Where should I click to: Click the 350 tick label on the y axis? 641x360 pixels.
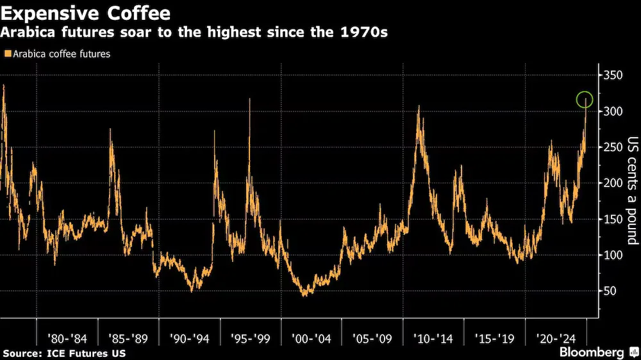(x=613, y=75)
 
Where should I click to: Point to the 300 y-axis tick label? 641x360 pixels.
(x=613, y=111)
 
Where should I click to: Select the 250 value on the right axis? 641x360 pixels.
(x=613, y=147)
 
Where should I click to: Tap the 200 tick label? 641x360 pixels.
(x=613, y=183)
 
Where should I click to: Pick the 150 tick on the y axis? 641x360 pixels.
(x=613, y=219)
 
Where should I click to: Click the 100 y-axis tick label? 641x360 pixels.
(x=613, y=255)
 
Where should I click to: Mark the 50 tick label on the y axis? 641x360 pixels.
(x=610, y=291)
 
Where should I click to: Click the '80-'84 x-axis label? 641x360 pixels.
(x=67, y=339)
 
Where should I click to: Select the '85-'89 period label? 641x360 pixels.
(x=128, y=339)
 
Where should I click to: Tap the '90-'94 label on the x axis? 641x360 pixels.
(x=189, y=339)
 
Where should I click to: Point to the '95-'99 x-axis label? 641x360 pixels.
(x=250, y=339)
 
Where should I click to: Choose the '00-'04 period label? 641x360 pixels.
(x=311, y=339)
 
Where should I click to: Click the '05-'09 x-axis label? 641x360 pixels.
(x=372, y=339)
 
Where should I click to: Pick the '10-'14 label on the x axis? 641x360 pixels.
(x=433, y=339)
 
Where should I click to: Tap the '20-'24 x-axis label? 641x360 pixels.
(x=556, y=339)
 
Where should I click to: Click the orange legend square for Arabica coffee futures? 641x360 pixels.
(x=7, y=54)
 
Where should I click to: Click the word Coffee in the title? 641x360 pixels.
(x=138, y=13)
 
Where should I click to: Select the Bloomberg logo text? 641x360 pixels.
(x=592, y=352)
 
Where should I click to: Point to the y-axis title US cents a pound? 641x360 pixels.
(x=633, y=190)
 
